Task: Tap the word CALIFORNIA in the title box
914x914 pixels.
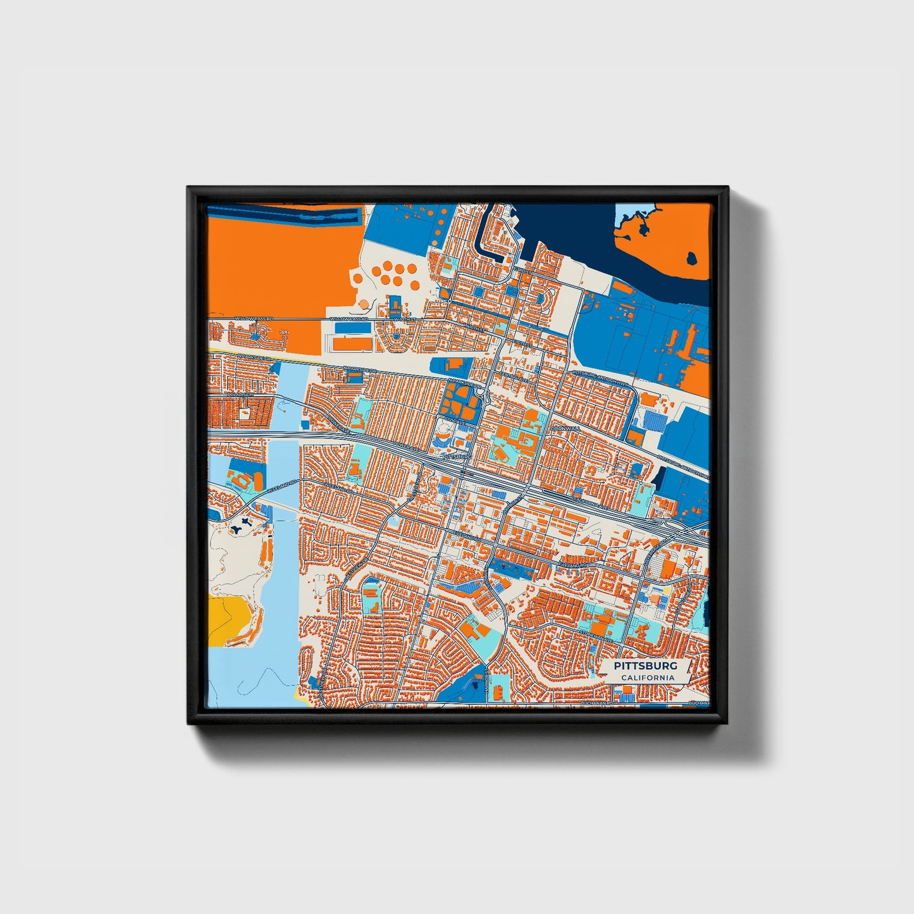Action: coord(647,678)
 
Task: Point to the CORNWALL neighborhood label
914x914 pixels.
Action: coord(565,428)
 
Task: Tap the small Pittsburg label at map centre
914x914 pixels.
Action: coord(457,455)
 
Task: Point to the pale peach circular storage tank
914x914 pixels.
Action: coord(363,304)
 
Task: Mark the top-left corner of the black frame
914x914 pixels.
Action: coord(188,188)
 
